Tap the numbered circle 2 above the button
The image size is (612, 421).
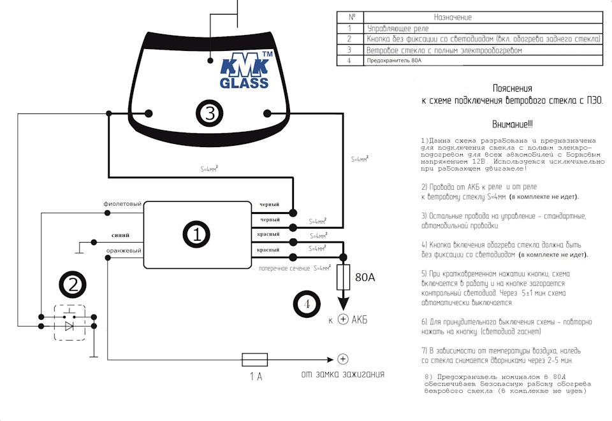click(x=73, y=285)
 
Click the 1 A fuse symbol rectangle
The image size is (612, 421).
click(x=254, y=359)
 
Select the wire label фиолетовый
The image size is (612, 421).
click(x=122, y=204)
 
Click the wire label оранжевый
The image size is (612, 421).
click(x=124, y=251)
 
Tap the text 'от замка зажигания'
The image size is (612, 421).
click(x=343, y=374)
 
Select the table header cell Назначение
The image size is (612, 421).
click(x=453, y=17)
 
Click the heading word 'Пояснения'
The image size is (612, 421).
click(x=512, y=89)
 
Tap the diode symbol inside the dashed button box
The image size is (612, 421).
click(x=70, y=324)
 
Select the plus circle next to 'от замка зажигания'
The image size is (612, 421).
click(x=343, y=359)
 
